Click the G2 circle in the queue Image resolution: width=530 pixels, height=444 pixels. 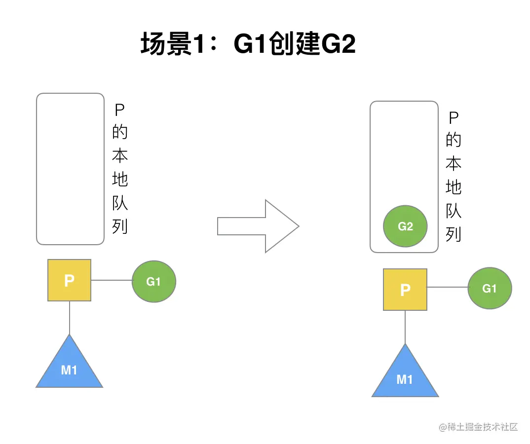click(405, 226)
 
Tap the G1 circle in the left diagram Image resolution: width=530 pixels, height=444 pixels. click(154, 281)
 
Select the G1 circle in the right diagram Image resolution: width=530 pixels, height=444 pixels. click(490, 288)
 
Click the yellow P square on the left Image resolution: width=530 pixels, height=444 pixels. click(69, 280)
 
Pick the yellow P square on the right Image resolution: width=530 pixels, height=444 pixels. click(405, 290)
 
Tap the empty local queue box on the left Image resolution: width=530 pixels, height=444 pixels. click(70, 169)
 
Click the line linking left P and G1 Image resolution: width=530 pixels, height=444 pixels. click(112, 281)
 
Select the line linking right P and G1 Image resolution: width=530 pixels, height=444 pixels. click(447, 288)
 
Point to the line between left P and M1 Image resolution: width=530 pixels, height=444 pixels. click(70, 317)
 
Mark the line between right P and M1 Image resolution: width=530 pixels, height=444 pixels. click(405, 327)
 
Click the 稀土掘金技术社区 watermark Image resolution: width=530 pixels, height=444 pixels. click(478, 427)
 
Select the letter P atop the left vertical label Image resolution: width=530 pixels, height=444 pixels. click(120, 110)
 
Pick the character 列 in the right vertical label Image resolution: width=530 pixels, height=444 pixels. click(454, 234)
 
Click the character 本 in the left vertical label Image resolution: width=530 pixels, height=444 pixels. click(120, 156)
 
